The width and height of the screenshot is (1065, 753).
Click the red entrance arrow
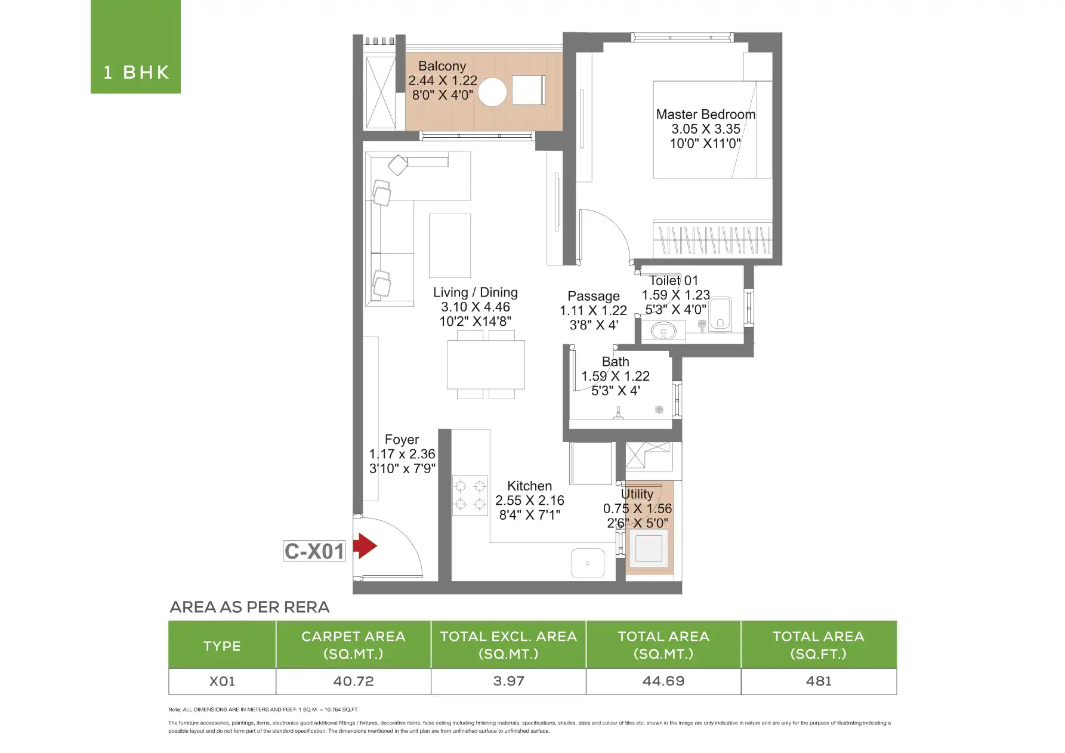pyautogui.click(x=365, y=545)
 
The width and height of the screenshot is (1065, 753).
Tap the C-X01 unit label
pyautogui.click(x=314, y=551)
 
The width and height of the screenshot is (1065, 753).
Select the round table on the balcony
pyautogui.click(x=492, y=92)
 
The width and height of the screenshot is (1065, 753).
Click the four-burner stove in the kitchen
pyautogui.click(x=470, y=495)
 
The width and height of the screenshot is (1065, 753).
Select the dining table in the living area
pyautogui.click(x=486, y=364)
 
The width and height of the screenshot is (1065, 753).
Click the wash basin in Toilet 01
pyautogui.click(x=663, y=330)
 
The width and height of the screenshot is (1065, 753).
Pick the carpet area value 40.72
pyautogui.click(x=353, y=681)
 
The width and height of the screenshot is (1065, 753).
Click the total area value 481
pyautogui.click(x=819, y=681)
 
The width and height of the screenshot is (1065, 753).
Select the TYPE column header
pyautogui.click(x=222, y=646)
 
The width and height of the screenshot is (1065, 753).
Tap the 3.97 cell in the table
pyautogui.click(x=508, y=681)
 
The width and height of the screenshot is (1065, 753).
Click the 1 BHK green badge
pyautogui.click(x=135, y=47)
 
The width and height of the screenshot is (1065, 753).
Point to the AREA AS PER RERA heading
pyautogui.click(x=249, y=607)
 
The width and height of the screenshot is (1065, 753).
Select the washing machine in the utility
pyautogui.click(x=649, y=548)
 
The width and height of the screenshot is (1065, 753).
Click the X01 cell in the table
pyautogui.click(x=222, y=681)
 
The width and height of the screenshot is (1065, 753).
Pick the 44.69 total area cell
pyautogui.click(x=663, y=681)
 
